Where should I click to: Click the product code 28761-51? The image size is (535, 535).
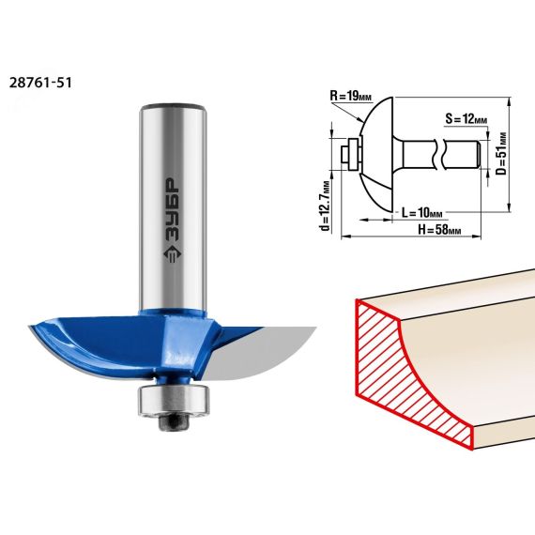tap(40, 83)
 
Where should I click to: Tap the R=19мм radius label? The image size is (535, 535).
tap(350, 96)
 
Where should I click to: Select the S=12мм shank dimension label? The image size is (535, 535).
tap(466, 119)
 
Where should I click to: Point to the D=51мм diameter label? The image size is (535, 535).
tap(501, 154)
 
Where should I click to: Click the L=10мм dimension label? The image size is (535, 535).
tap(421, 213)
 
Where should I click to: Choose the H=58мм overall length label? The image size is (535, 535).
tap(439, 230)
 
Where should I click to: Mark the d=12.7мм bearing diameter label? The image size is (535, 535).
tap(326, 206)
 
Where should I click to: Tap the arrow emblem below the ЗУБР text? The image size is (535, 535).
tap(173, 255)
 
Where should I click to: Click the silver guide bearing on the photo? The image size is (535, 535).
tap(173, 401)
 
